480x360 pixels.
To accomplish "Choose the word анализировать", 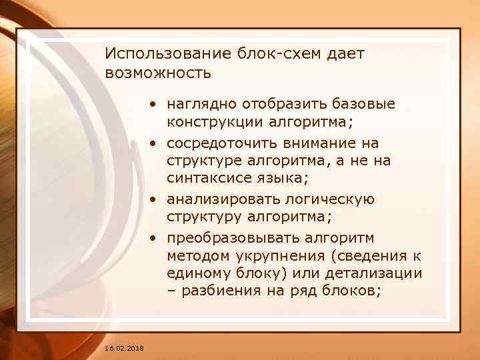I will (x=219, y=199).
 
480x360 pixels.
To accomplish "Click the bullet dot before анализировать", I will (x=153, y=200).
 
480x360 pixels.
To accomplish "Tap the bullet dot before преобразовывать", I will (x=153, y=238).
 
